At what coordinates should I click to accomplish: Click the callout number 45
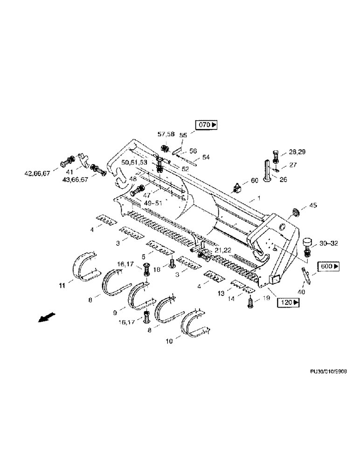(x=313, y=206)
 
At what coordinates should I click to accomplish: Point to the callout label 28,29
(x=296, y=152)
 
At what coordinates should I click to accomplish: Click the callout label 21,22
(x=222, y=250)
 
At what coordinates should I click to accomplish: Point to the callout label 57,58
(x=166, y=134)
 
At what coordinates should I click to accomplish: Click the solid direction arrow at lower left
(x=44, y=317)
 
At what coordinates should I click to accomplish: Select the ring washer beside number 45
(x=296, y=214)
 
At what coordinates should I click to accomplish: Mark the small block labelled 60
(x=236, y=188)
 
